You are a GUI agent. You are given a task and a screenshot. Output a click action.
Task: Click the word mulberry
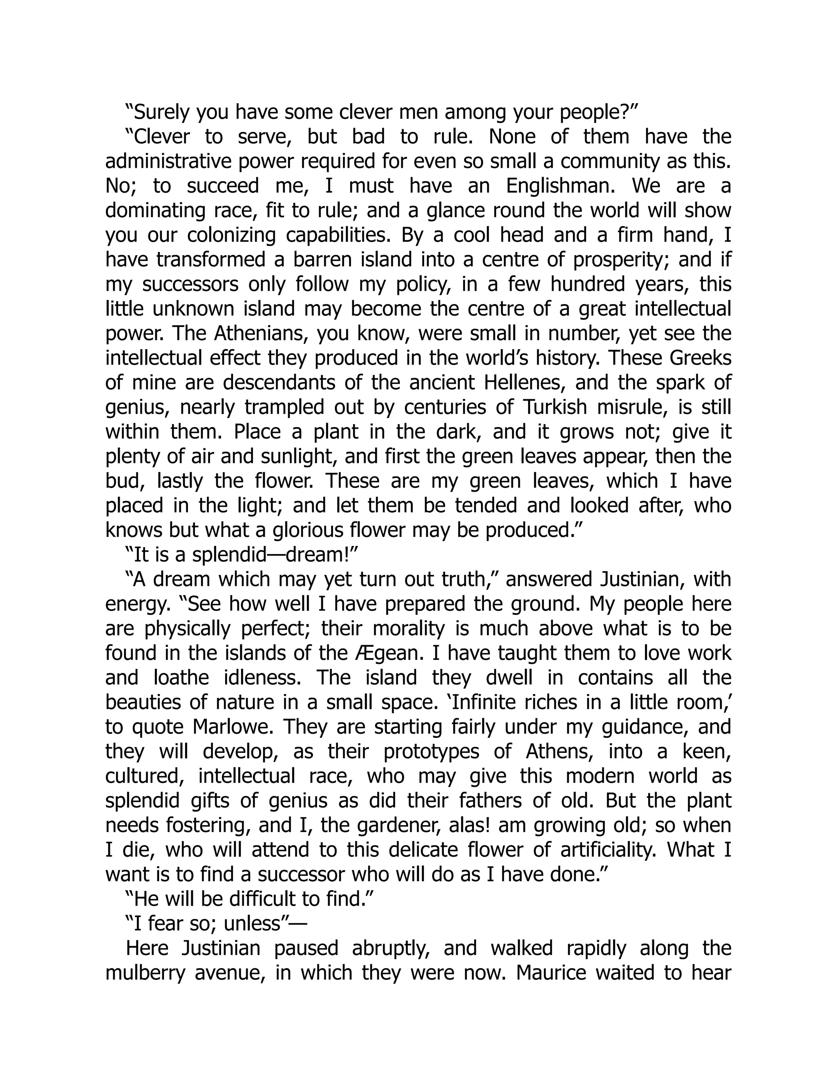146,973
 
